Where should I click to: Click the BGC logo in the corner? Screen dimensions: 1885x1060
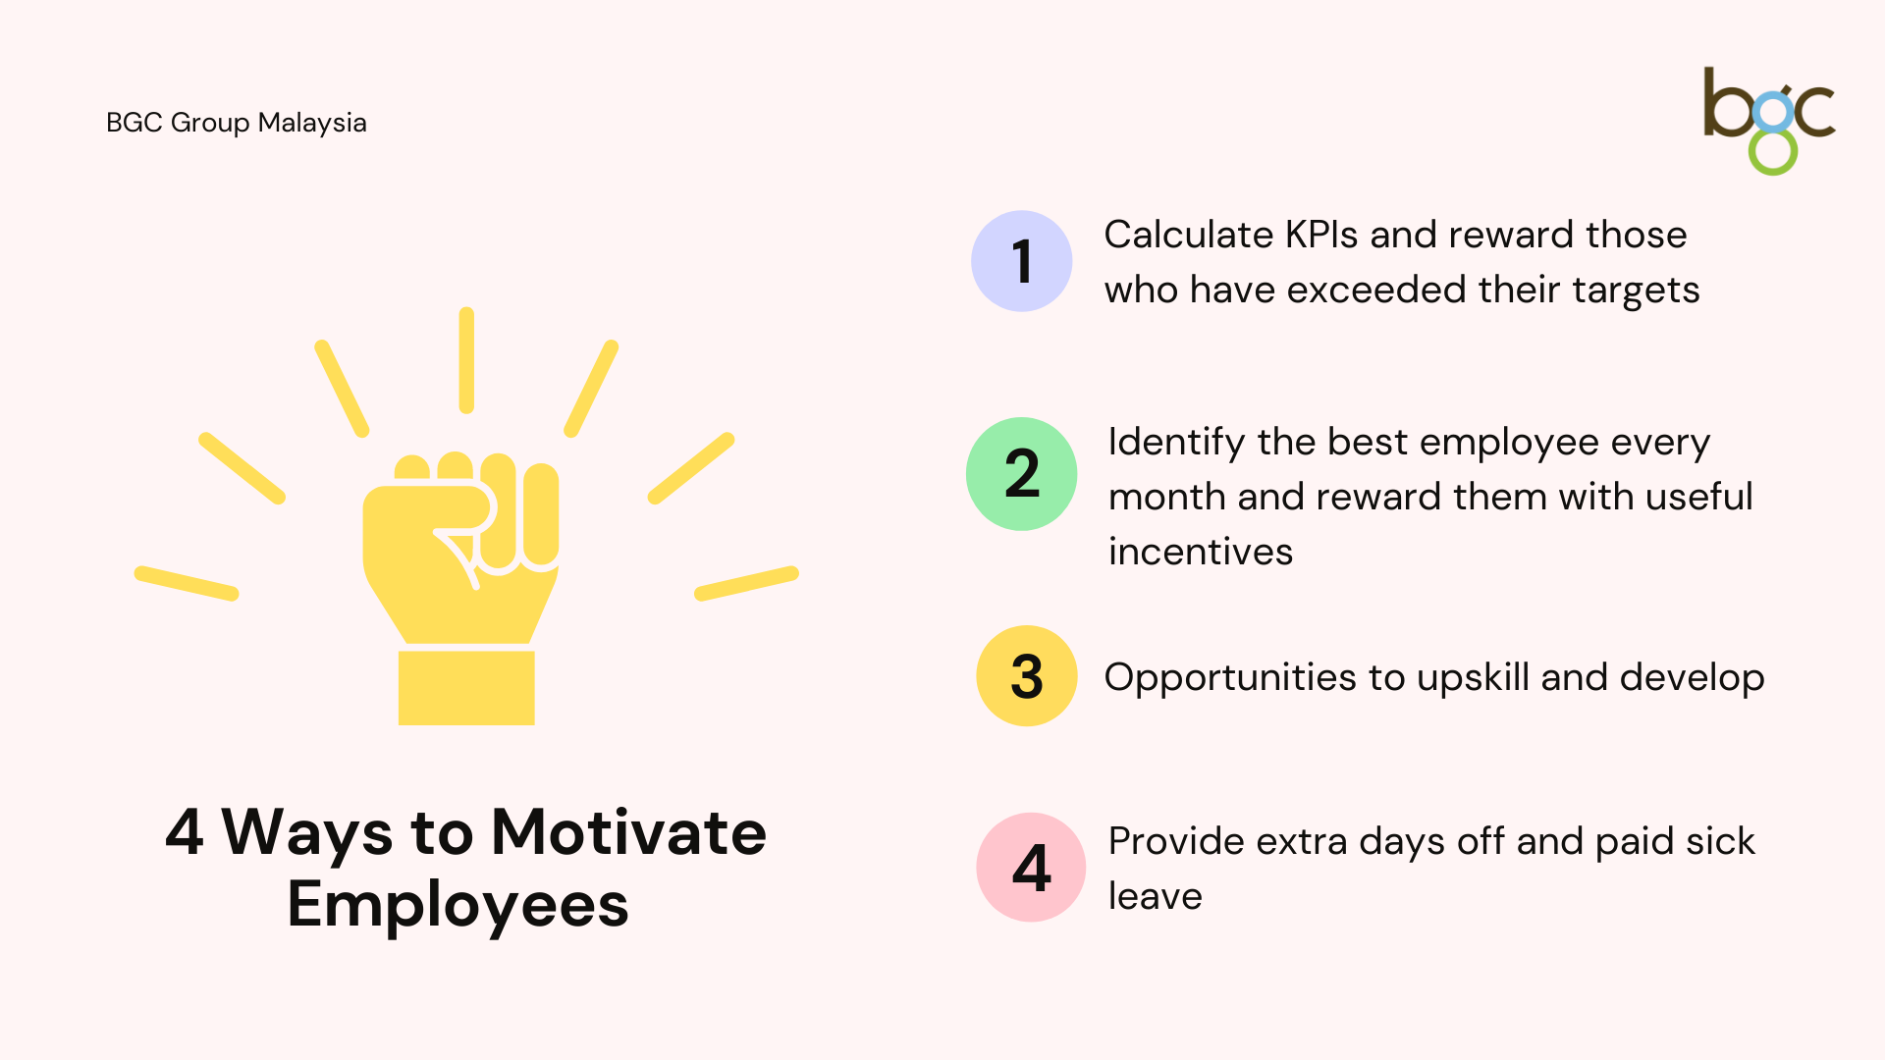tap(1769, 121)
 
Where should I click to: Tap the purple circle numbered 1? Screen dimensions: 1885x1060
tap(1021, 261)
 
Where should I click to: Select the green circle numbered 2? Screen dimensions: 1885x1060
tap(1021, 474)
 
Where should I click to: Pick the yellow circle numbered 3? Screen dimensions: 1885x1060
tap(1027, 676)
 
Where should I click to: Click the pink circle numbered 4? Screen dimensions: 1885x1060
tap(1031, 868)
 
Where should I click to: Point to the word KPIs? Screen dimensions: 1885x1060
tap(1320, 235)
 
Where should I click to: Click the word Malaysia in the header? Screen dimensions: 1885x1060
tap(312, 124)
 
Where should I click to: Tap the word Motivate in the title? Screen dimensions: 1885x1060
tap(628, 832)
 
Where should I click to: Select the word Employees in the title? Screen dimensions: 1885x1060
tap(458, 905)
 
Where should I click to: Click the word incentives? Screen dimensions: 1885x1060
tap(1201, 552)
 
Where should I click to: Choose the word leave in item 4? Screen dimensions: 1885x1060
tap(1156, 896)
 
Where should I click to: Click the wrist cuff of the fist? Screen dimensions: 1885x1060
tap(466, 688)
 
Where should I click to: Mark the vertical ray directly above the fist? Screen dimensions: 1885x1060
tap(466, 360)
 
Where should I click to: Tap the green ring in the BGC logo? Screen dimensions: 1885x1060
tap(1773, 152)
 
